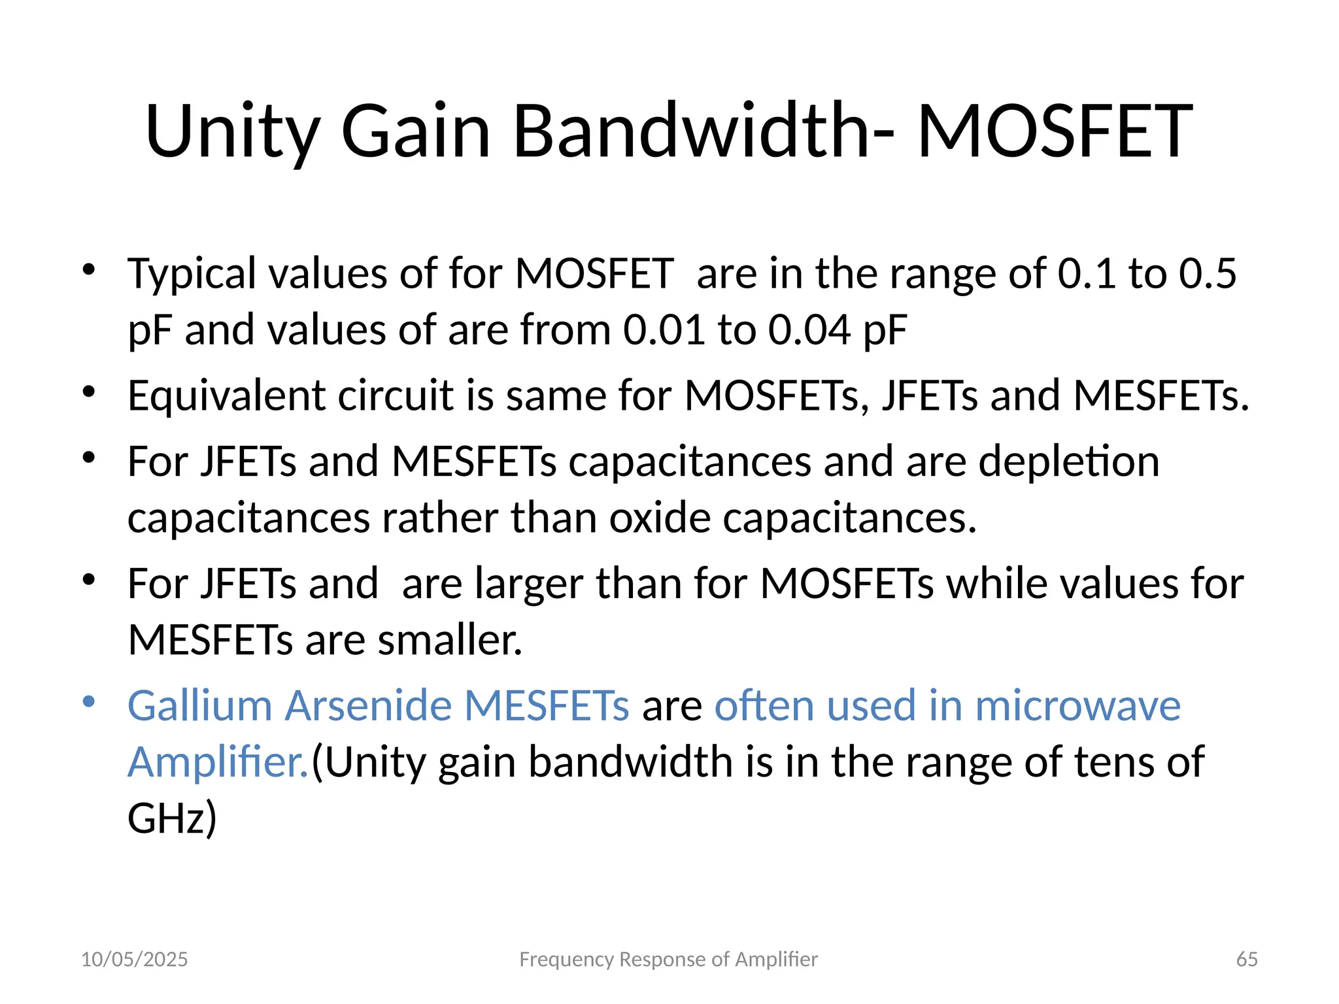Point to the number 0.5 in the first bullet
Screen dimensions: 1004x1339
click(x=1208, y=273)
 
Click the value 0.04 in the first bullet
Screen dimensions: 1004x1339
click(x=809, y=329)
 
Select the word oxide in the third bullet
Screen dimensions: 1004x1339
click(x=660, y=518)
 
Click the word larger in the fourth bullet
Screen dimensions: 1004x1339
click(x=529, y=583)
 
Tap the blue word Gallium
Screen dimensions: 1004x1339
click(x=199, y=706)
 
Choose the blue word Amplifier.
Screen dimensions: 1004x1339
click(x=218, y=762)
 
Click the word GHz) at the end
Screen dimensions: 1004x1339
click(x=172, y=819)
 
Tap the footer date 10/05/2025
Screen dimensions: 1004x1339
click(x=134, y=960)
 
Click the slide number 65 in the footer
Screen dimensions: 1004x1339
click(x=1247, y=960)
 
